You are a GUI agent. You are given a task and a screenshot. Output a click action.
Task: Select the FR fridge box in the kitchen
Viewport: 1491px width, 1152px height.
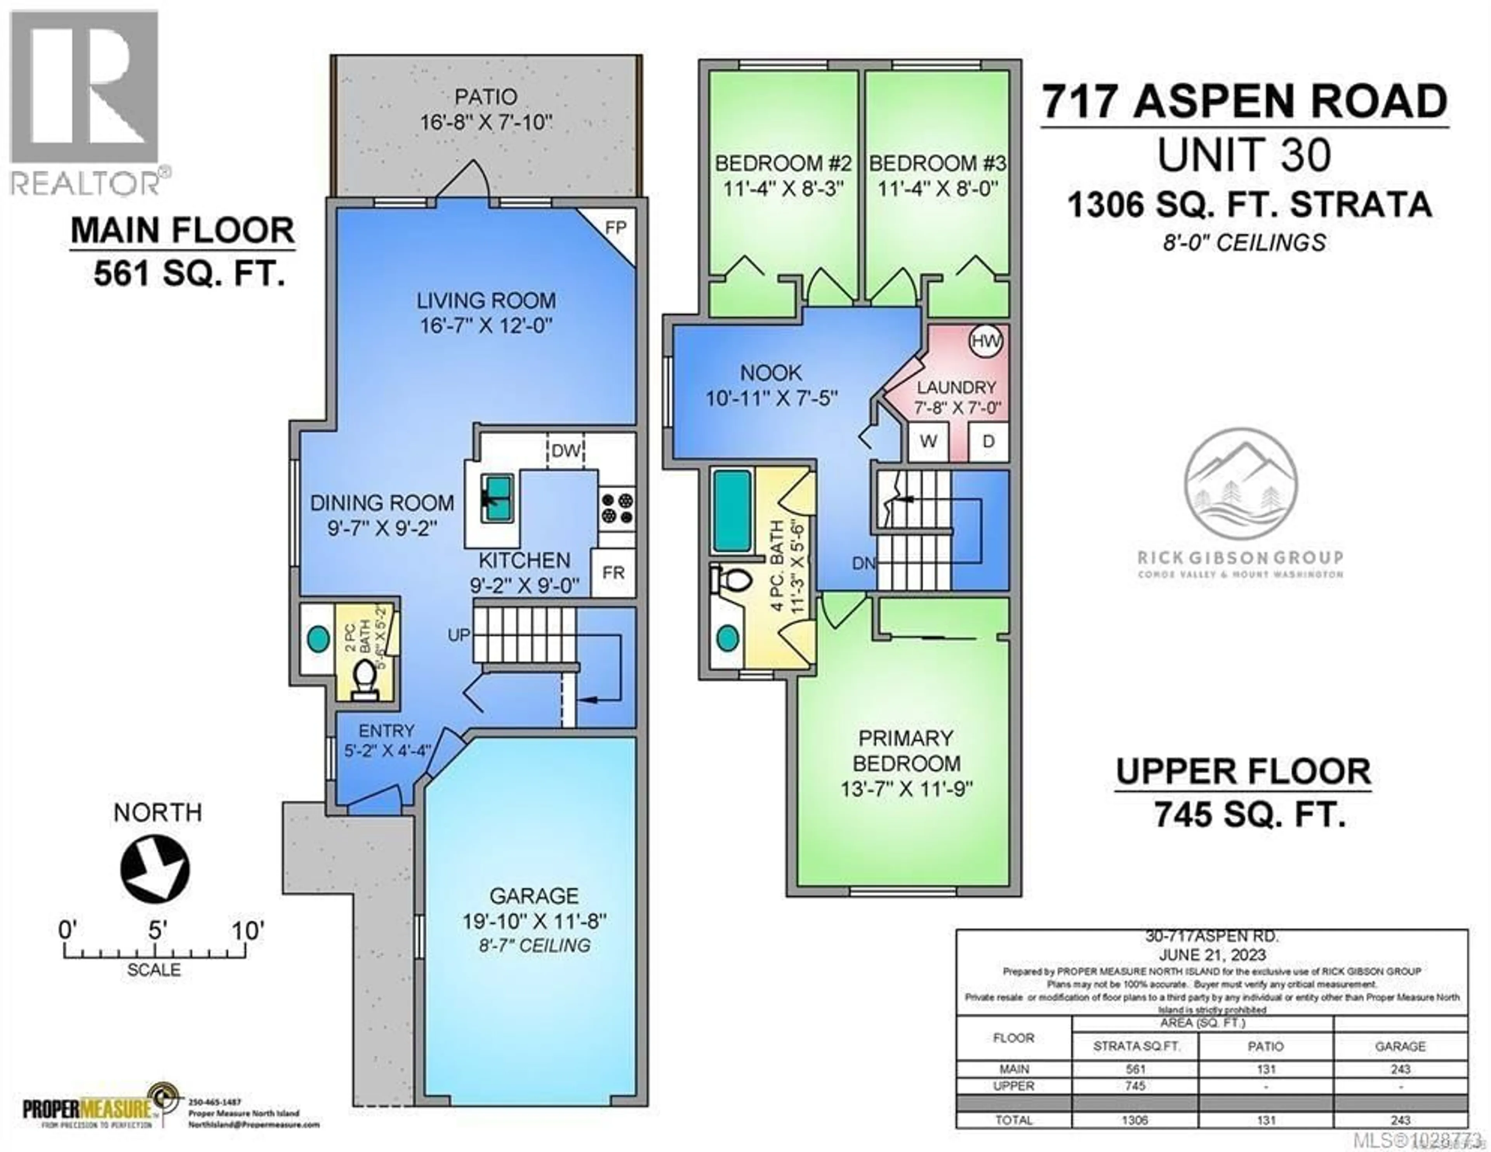pos(613,572)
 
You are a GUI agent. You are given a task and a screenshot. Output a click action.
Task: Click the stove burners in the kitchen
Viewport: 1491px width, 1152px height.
pos(617,509)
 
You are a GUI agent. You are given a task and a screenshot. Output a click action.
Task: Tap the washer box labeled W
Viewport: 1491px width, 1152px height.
pos(928,441)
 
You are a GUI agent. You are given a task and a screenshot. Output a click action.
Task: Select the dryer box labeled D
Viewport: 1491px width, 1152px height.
pos(988,441)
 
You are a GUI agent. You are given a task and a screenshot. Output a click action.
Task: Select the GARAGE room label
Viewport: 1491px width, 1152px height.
pos(534,895)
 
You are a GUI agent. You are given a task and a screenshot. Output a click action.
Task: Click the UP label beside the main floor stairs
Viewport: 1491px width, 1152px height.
pos(459,635)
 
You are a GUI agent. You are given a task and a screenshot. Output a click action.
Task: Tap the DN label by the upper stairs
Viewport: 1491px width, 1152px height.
pos(864,563)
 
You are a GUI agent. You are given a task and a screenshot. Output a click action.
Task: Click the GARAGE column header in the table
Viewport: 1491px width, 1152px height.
pos(1400,1046)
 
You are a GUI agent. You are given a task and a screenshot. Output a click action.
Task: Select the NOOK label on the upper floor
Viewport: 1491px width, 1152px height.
pos(771,373)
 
